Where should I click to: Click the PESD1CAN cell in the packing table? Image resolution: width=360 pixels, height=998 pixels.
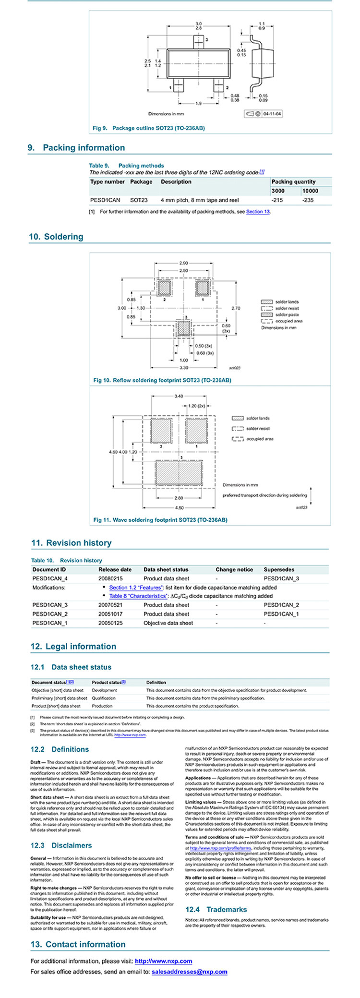105,200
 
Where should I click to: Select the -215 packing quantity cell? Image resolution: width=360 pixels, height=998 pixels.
277,200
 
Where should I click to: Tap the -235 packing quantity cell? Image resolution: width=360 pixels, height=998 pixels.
309,200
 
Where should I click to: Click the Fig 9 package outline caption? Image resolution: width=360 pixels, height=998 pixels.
149,128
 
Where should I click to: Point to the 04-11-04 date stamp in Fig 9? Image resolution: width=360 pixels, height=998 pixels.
272,114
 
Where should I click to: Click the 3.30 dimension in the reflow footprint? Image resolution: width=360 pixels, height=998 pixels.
184,368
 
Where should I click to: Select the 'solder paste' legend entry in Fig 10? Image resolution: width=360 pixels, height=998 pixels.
287,314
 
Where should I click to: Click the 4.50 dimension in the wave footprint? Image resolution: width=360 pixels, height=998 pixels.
179,507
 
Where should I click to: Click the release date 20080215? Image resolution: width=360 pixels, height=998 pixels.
110,578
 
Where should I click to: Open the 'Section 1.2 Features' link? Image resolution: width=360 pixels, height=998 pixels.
136,588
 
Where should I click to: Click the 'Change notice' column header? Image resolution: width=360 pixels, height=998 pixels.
234,569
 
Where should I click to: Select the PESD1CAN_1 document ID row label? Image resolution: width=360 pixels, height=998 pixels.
50,623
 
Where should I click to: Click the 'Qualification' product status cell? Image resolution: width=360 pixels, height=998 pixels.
104,698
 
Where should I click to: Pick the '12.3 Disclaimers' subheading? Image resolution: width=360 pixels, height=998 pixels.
61,845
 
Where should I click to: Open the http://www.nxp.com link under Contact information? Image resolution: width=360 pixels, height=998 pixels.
163,961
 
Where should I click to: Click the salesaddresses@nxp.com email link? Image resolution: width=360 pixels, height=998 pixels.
189,972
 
